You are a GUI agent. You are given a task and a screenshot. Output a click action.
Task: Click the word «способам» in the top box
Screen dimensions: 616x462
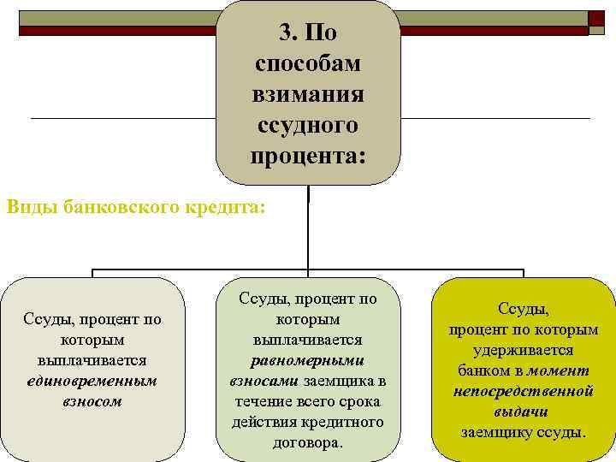308,64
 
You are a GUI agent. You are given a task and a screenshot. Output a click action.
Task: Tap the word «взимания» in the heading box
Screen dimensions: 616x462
308,95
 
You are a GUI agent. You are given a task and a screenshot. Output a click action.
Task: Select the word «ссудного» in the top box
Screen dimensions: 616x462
308,126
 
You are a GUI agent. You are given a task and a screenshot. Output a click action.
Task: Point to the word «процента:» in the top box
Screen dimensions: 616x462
308,157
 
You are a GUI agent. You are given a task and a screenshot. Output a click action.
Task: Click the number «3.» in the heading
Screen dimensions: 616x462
290,33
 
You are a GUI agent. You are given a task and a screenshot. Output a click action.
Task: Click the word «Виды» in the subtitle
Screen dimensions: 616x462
32,207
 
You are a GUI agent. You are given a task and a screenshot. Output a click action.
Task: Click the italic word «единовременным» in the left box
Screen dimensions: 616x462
92,381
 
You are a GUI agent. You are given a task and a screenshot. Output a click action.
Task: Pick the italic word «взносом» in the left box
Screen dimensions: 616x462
92,400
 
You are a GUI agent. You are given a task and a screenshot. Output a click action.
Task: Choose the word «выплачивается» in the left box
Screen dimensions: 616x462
92,360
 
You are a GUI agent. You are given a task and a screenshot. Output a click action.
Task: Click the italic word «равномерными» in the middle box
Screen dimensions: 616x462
308,360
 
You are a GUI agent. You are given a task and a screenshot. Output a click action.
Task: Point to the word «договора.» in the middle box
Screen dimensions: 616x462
308,442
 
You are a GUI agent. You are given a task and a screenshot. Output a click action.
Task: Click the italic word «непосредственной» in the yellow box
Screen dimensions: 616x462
524,391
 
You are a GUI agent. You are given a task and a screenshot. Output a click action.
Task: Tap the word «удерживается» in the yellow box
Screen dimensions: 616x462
524,350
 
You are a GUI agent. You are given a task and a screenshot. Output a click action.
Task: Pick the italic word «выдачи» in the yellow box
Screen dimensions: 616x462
524,412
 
